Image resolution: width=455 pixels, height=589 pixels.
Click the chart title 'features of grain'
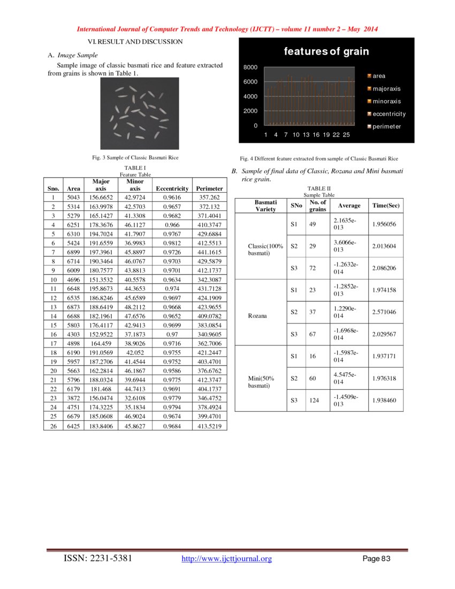326,52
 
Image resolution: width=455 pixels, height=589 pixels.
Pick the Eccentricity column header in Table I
171,188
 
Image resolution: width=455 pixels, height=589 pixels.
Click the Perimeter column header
209,188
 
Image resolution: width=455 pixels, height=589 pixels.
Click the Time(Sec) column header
385,206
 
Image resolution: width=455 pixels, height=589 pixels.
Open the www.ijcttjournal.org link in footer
227,559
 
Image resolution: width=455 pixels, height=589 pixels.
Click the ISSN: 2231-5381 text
98,559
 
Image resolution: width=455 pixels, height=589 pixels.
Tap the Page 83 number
377,559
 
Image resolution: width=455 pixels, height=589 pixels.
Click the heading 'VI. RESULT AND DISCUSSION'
135,41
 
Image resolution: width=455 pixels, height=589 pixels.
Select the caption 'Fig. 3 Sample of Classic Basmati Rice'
135,157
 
